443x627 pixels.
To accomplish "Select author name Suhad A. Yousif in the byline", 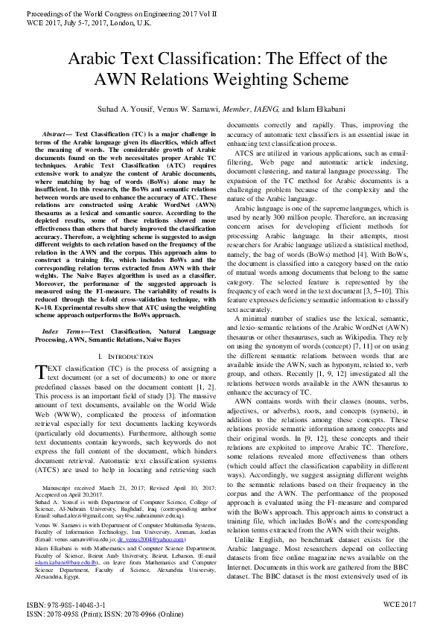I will coord(136,108).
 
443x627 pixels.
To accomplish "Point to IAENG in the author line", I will coord(262,108).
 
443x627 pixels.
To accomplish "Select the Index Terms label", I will coord(63,330).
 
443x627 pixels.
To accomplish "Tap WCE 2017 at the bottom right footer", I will coord(400,605).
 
